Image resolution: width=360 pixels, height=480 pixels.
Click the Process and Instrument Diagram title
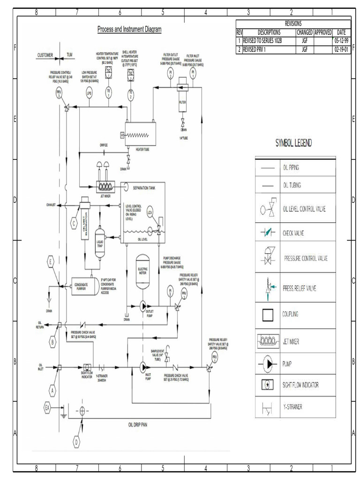coord(129,30)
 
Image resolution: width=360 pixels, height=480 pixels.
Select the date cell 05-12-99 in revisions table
coord(341,41)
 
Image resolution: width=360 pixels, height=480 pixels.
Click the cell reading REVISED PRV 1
coord(269,49)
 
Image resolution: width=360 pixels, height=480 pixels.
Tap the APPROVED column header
coord(322,32)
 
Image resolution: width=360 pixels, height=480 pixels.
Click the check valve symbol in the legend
coord(268,232)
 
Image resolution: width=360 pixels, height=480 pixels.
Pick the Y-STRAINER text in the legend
coord(292,407)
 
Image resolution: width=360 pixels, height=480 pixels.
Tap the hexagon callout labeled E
coord(50,262)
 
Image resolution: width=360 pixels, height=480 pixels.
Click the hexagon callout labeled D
coord(76,441)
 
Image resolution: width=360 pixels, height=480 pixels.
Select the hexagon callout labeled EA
coord(47,407)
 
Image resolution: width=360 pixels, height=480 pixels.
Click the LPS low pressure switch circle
coord(89,93)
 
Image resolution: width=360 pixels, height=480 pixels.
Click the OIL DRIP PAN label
coord(141,425)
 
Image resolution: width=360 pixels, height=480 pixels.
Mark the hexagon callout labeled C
coord(74,224)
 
